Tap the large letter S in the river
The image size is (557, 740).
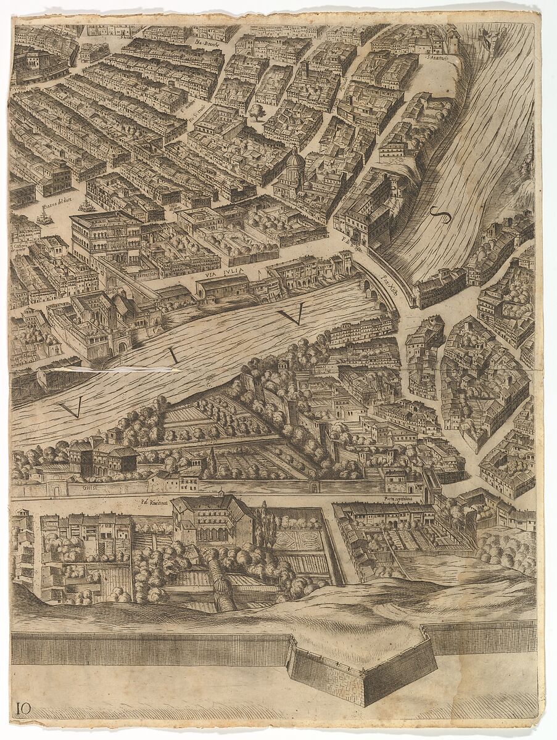(x=440, y=216)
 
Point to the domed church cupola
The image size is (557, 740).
(x=294, y=162)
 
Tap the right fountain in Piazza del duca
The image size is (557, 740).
(x=86, y=205)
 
